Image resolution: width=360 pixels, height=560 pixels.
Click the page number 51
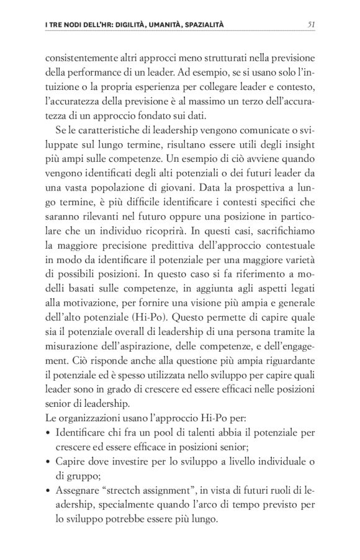(x=312, y=25)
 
